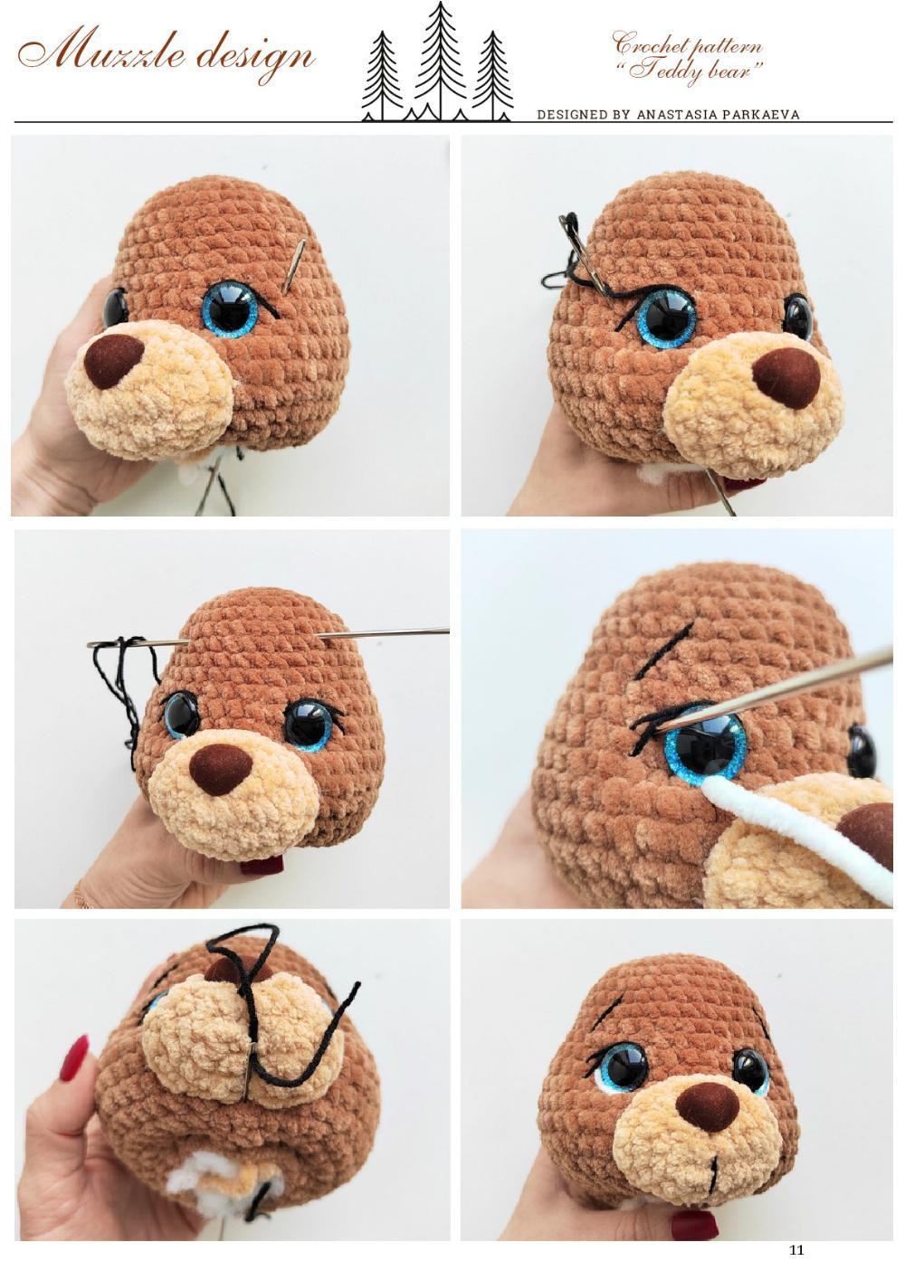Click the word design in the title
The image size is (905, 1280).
point(255,56)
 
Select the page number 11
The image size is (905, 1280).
point(796,1250)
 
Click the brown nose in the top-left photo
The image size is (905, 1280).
point(114,361)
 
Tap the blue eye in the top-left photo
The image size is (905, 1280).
point(229,310)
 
